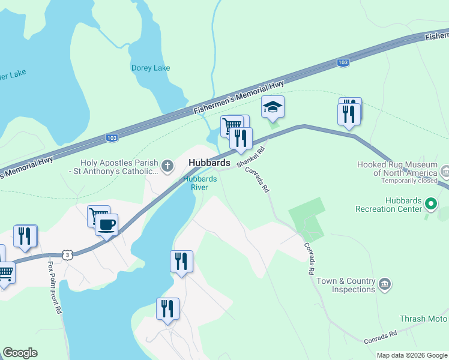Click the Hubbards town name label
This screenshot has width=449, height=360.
click(x=209, y=163)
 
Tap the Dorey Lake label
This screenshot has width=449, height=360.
click(x=151, y=68)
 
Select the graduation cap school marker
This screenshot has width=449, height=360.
click(x=273, y=107)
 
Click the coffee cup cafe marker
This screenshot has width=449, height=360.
click(x=106, y=225)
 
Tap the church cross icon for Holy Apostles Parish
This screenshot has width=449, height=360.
click(x=168, y=163)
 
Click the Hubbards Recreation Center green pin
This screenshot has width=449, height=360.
click(x=430, y=204)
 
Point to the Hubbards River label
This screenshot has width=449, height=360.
click(x=195, y=182)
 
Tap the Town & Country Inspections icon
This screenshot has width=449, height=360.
click(x=385, y=282)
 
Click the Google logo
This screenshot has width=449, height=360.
click(x=20, y=353)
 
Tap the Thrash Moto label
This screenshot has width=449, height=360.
click(x=424, y=319)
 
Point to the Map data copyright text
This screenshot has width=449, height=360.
click(x=412, y=355)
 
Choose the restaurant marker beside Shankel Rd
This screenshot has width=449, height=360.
click(x=241, y=139)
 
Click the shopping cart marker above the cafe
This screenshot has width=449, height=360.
click(x=98, y=216)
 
